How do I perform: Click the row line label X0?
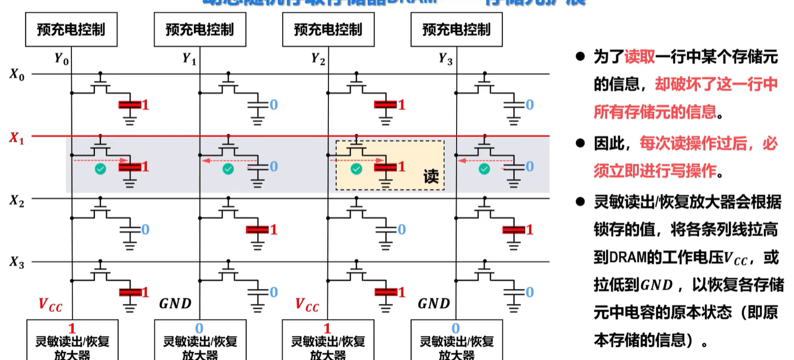17,74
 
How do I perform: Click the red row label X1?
17,138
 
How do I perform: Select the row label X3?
17,262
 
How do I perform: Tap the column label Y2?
318,59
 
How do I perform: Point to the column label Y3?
446,59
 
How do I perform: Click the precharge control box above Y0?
71,29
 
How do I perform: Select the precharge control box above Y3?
456,29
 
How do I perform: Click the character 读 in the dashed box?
431,177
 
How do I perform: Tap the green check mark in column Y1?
227,169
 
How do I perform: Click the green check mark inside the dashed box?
356,169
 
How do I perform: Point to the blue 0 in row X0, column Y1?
274,104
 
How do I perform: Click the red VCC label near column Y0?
50,304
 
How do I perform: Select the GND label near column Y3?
434,304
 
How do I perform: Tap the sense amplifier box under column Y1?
200,341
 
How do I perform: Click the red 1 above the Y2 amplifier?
327,328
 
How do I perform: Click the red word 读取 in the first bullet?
640,57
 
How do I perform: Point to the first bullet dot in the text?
580,56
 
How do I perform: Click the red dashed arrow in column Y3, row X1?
475,160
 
